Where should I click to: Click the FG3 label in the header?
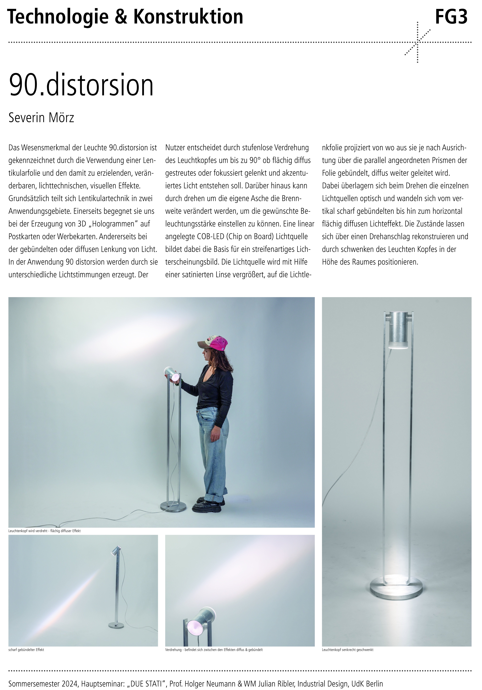pyautogui.click(x=451, y=17)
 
